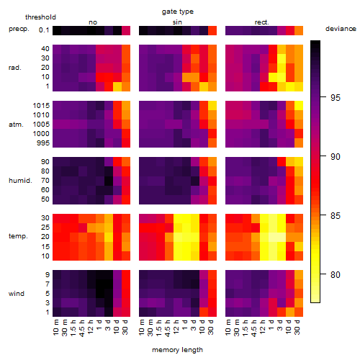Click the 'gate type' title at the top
pos(178,12)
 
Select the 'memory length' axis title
pos(177,350)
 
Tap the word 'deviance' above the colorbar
pos(341,29)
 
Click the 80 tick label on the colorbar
pos(336,274)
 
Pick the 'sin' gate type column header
pos(177,22)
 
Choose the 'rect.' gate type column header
pos(261,22)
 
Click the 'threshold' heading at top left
pos(40,17)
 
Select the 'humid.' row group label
pos(20,181)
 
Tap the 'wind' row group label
pos(17,294)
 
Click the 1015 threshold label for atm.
pos(41,106)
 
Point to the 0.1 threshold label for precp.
pos(44,30)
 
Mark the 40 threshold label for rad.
pos(45,49)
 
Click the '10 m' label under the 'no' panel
pos(56,328)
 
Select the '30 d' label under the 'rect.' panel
pos(297,328)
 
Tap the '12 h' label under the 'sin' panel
pos(176,327)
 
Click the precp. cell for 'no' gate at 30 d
pos(126,30)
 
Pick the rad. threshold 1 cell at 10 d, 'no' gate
pos(117,86)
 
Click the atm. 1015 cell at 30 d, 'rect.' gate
pos(299,106)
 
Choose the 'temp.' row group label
pos(18,236)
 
